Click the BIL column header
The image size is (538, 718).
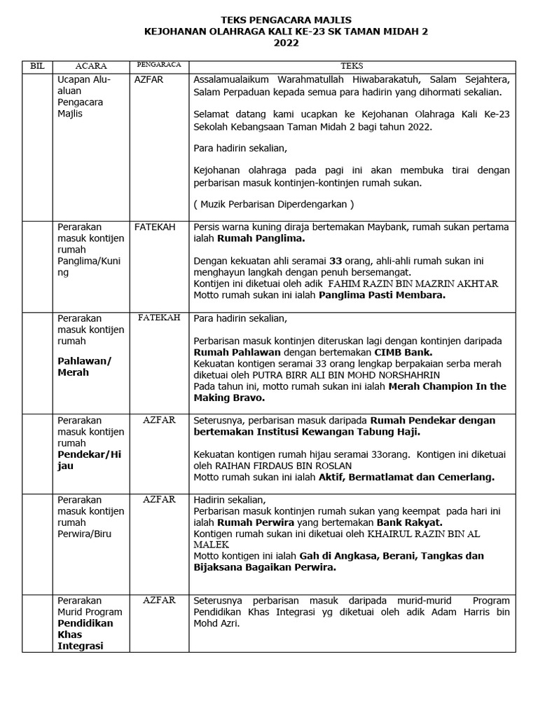pos(37,65)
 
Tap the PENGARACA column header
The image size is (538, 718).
pos(159,65)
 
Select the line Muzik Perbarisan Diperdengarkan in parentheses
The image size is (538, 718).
pos(274,204)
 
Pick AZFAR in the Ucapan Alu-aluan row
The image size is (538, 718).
pos(149,80)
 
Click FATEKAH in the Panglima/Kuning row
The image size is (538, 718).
pos(155,227)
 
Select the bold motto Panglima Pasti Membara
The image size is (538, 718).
pos(382,295)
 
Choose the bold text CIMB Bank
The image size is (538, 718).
pos(403,352)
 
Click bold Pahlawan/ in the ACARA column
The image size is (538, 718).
pos(85,361)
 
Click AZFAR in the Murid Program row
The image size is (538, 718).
pos(159,601)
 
